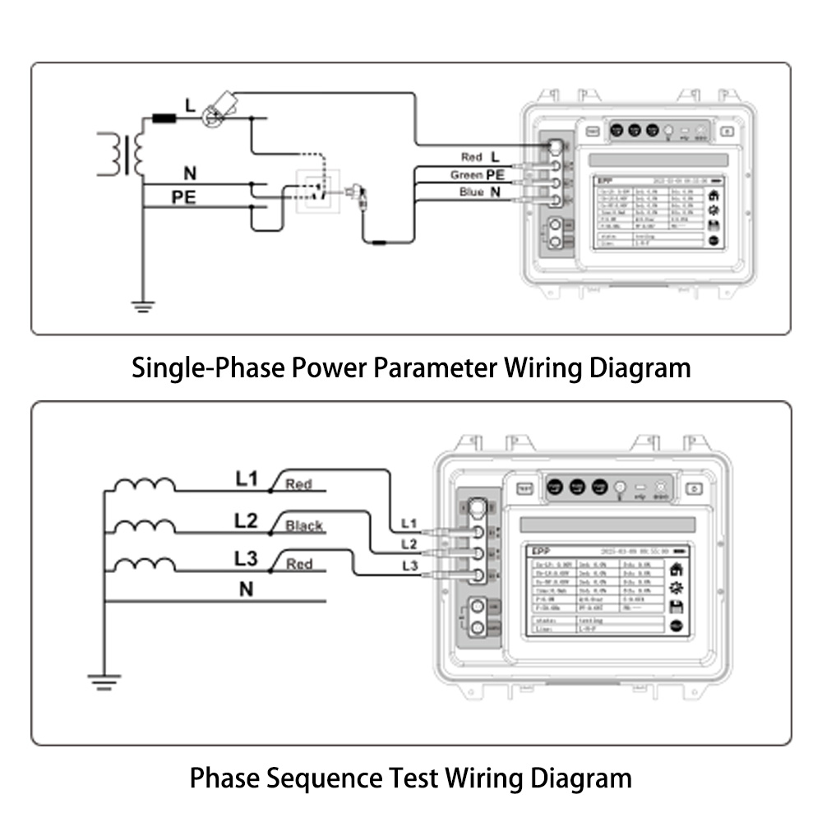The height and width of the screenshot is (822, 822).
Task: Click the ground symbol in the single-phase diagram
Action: pyautogui.click(x=144, y=307)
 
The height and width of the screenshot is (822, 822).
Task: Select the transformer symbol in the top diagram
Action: pyautogui.click(x=123, y=153)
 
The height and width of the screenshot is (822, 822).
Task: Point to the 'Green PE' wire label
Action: pyautogui.click(x=477, y=175)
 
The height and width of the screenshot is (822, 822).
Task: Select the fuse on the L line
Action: pyautogui.click(x=164, y=118)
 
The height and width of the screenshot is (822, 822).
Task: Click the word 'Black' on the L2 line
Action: pyautogui.click(x=303, y=526)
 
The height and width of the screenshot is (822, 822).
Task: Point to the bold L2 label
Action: pyautogui.click(x=246, y=521)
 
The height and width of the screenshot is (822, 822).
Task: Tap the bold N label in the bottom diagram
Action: pyautogui.click(x=246, y=589)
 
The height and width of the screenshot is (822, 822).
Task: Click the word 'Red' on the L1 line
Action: pyautogui.click(x=298, y=485)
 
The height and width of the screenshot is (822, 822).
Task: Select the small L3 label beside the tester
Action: pyautogui.click(x=409, y=566)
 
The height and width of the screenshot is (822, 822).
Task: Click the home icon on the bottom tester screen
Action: pyautogui.click(x=677, y=568)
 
